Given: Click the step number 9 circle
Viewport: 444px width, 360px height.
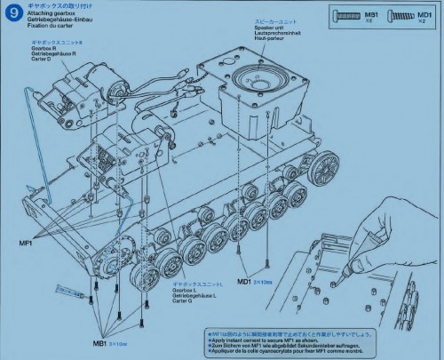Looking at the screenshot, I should point(12,14).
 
